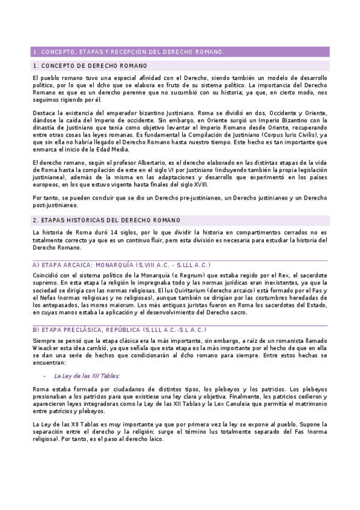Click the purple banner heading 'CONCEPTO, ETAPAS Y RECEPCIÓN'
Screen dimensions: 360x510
tap(128, 52)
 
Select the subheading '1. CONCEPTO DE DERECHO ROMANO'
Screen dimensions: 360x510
tap(90, 66)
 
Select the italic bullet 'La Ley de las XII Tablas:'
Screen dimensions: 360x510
tap(87, 375)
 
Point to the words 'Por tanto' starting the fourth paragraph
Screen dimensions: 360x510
tap(46, 197)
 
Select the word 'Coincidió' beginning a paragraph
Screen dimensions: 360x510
tap(47, 275)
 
